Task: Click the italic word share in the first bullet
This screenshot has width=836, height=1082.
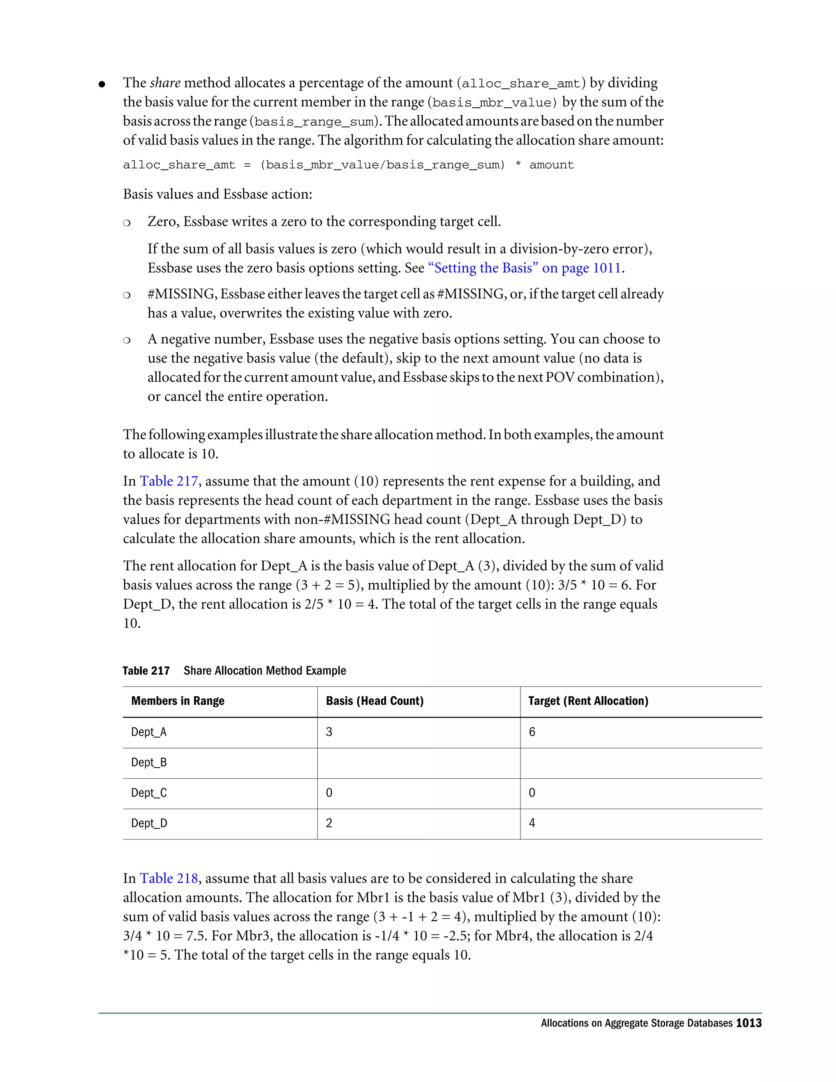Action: click(165, 83)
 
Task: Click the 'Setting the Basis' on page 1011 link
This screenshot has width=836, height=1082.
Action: click(525, 268)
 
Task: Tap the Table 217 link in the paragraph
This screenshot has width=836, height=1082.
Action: click(169, 481)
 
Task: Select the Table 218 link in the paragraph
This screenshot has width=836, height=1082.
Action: click(169, 878)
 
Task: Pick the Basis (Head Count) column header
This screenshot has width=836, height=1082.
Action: click(374, 701)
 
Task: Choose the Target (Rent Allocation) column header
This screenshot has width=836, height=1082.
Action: click(588, 701)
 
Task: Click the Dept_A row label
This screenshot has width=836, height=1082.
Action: click(149, 732)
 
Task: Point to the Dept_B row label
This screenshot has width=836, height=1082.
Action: click(149, 762)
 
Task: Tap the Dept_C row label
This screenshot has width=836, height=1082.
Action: click(149, 793)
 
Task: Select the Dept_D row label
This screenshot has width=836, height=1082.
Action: click(149, 824)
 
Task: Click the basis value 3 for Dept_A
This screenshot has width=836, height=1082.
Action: click(329, 732)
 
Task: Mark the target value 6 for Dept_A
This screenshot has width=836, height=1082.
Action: click(532, 732)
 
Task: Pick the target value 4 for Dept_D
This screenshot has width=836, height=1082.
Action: click(532, 824)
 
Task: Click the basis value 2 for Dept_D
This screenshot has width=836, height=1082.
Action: click(329, 824)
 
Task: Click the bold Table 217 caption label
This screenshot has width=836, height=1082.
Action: click(146, 671)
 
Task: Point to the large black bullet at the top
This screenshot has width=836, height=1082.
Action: click(102, 84)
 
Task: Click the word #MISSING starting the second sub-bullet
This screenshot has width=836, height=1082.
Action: click(182, 294)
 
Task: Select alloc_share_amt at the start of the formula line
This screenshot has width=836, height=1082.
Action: click(179, 165)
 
